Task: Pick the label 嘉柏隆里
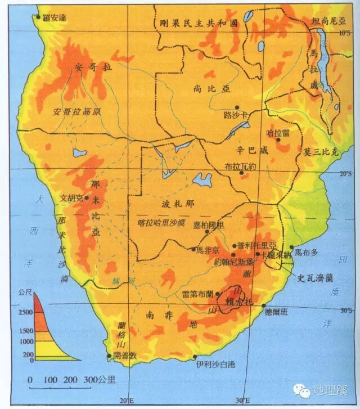pos(208,224)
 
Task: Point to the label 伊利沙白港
pos(215,364)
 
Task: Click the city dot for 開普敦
pos(109,356)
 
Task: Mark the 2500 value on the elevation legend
pos(26,312)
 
